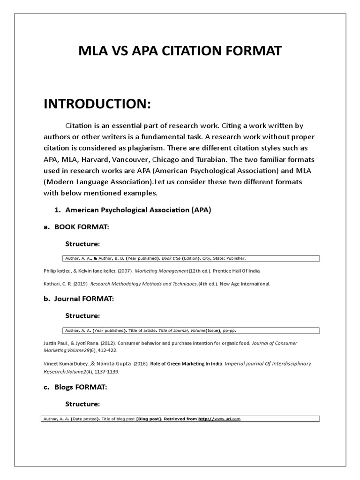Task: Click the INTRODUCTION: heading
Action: pos(97,104)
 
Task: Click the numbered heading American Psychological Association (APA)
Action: pos(138,210)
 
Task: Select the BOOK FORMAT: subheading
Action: pos(82,227)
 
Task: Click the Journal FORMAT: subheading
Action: pos(84,298)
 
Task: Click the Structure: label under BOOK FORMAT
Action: pos(82,244)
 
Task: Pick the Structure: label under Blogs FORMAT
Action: pos(82,404)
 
